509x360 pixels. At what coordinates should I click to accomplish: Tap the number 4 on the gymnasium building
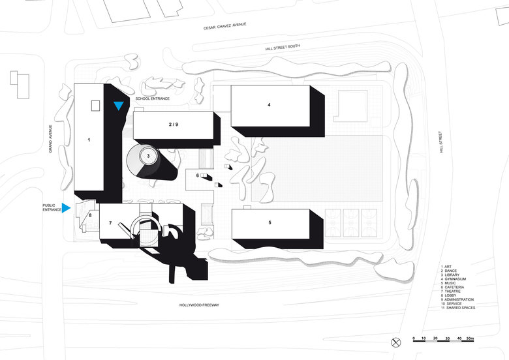click(268, 105)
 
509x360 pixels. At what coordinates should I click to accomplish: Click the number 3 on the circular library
click(148, 156)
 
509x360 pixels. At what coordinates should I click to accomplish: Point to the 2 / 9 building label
click(173, 123)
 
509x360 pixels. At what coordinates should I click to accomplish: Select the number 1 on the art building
click(88, 140)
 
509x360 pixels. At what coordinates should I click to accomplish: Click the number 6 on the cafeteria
click(197, 175)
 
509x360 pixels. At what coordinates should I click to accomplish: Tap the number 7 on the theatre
click(110, 224)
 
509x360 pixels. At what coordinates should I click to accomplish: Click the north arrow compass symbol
click(395, 342)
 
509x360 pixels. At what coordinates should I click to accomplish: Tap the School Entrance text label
click(152, 98)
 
